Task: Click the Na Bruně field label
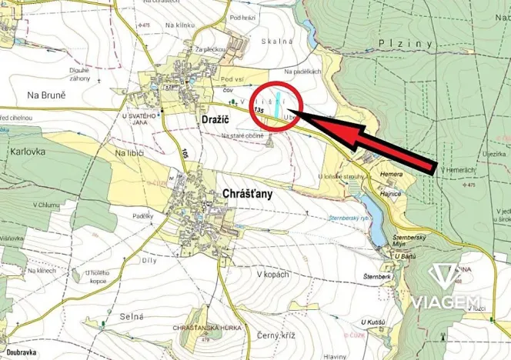(46, 95)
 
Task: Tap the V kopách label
(272, 275)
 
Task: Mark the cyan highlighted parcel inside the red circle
(277, 105)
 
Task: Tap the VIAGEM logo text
(446, 302)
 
